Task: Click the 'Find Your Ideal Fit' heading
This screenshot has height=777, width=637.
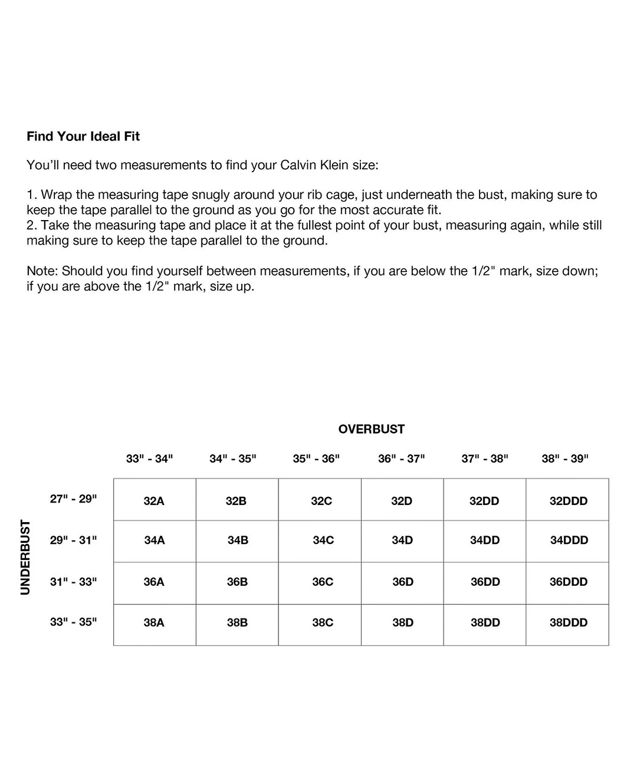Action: click(x=83, y=136)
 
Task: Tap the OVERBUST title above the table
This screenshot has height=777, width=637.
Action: click(x=372, y=430)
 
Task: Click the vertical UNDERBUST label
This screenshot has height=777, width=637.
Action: click(x=25, y=557)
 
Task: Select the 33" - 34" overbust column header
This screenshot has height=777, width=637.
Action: click(x=149, y=458)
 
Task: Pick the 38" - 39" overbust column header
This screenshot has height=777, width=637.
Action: click(x=565, y=458)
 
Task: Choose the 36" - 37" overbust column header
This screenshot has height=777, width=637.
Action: click(x=402, y=458)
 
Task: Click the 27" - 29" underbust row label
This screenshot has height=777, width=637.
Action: click(x=73, y=499)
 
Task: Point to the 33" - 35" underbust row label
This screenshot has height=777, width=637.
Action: click(x=73, y=622)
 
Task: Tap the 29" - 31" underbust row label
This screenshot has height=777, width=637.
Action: click(x=73, y=540)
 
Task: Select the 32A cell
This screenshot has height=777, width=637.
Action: click(x=154, y=501)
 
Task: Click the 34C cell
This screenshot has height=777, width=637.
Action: click(x=323, y=540)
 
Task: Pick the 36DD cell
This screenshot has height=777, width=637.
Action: click(x=485, y=582)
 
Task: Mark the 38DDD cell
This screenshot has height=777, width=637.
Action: click(x=569, y=622)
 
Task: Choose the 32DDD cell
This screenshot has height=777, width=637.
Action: click(x=569, y=501)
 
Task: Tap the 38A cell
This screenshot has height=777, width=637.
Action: click(x=154, y=622)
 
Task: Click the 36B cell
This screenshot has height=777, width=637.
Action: click(x=237, y=582)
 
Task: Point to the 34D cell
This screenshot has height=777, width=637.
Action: click(x=402, y=540)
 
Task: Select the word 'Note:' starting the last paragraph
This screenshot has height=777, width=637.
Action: click(x=42, y=271)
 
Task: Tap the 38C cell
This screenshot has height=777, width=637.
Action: click(x=323, y=622)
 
